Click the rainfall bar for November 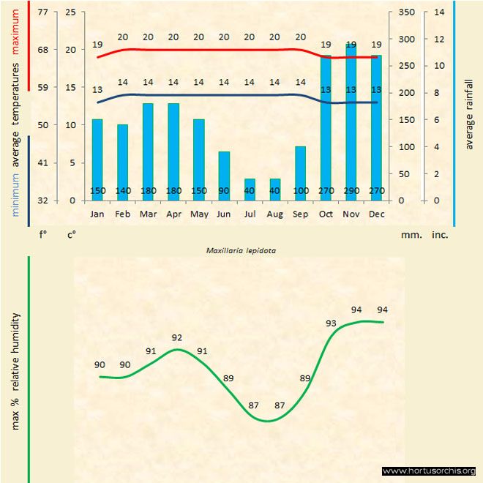351,124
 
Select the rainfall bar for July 250,189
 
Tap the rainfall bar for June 224,176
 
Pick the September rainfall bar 300,173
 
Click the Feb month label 122,214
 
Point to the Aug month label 275,214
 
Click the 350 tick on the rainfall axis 408,12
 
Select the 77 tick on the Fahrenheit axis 43,12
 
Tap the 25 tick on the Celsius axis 70,12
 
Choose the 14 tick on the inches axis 439,12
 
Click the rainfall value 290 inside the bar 351,191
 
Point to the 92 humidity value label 176,337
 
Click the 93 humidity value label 332,323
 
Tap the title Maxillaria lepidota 241,250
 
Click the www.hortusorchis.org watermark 429,471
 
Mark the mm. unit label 409,235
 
